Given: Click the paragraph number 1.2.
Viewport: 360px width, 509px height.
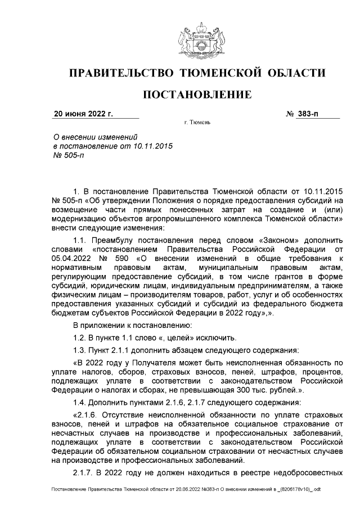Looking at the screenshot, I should point(82,337).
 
